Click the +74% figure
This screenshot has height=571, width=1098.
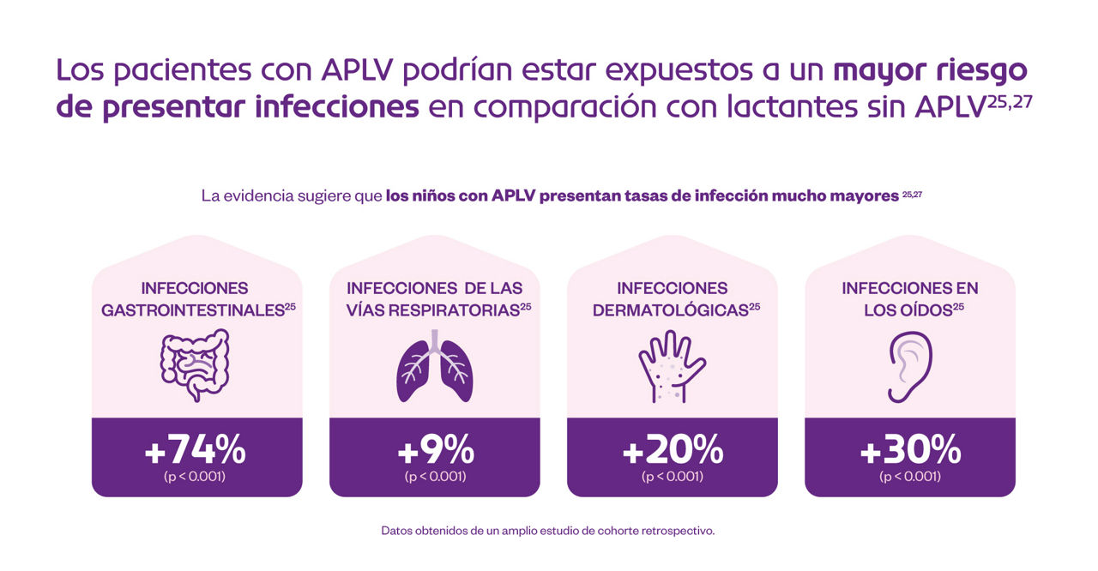[196, 449]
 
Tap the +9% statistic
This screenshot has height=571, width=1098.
[435, 449]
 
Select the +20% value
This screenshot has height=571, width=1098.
[673, 449]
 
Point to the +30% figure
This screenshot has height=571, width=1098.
[910, 449]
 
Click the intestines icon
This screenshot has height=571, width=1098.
[196, 366]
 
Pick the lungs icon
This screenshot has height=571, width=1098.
[434, 366]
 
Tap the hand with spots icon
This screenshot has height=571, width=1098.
[672, 366]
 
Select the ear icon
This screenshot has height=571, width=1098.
[909, 366]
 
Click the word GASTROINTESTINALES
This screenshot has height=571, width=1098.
[192, 310]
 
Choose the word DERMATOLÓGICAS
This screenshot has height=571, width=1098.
[670, 310]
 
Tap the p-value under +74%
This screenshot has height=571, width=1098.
[196, 477]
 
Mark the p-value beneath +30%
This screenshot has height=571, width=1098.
[910, 477]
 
